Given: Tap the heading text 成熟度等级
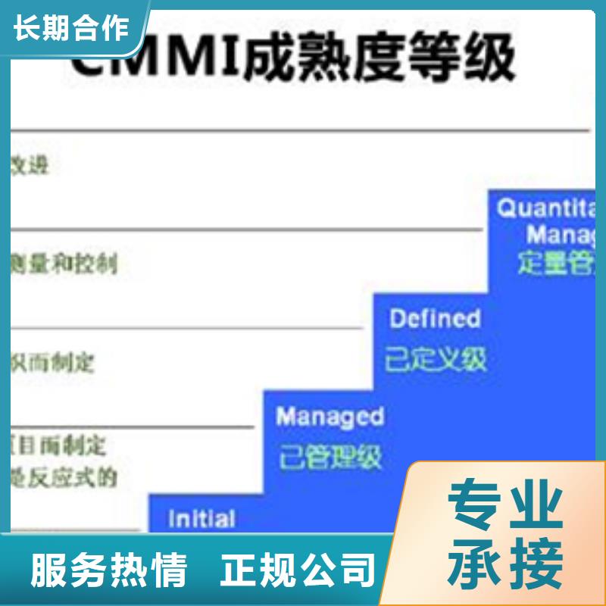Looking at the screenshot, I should tap(379, 58).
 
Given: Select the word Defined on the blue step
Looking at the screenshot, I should tap(435, 318).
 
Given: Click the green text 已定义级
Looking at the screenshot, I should tap(436, 358).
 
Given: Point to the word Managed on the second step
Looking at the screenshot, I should tap(330, 416).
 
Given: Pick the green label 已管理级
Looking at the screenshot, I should tap(330, 457).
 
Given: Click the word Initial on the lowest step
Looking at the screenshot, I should tap(201, 519).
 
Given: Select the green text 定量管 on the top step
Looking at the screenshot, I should tap(557, 261).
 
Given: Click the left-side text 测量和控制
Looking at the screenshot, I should tap(64, 264).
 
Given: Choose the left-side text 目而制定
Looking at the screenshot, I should tap(58, 442).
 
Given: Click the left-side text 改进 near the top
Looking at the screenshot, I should tap(30, 164).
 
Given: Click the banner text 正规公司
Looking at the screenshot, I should tap(298, 570).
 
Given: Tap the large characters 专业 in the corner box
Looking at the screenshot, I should tap(504, 505).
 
